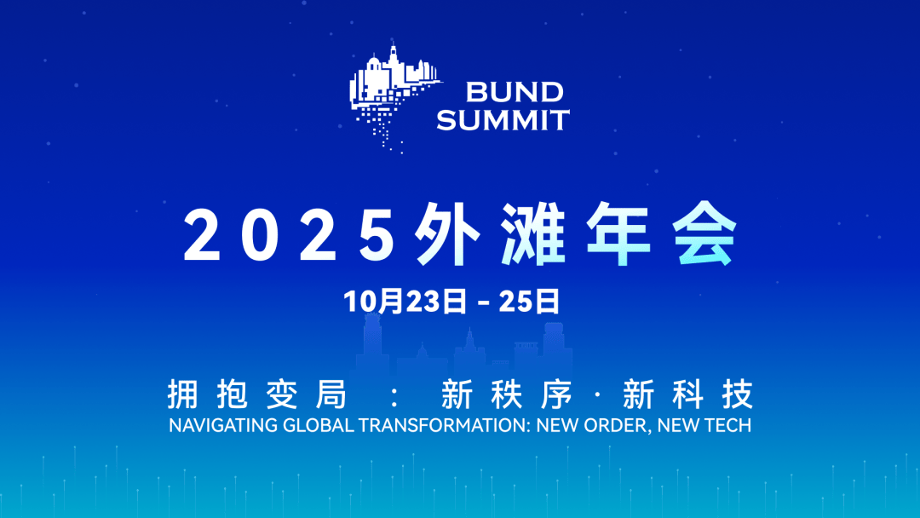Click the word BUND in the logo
[515, 92]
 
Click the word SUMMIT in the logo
[503, 119]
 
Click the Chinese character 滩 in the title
[532, 234]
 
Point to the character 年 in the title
[618, 234]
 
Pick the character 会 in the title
[704, 234]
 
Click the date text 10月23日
[405, 302]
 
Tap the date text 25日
[529, 302]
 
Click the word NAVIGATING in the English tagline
[223, 425]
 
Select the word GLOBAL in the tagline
[319, 425]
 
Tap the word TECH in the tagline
[727, 425]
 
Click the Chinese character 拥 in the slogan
[183, 394]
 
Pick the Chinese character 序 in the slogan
[556, 394]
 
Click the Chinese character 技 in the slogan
[738, 394]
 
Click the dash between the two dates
[484, 303]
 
